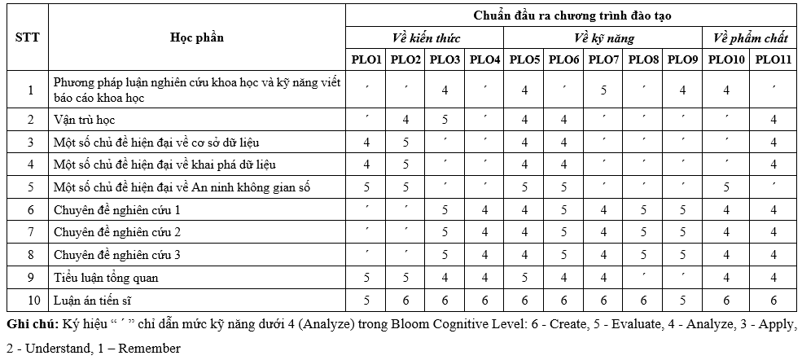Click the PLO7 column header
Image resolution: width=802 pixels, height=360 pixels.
603,60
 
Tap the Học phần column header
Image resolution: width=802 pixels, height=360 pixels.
196,37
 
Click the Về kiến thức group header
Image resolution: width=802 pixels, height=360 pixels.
426,38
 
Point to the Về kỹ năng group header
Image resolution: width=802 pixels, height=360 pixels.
603,38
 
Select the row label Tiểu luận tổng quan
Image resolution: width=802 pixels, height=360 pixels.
106,278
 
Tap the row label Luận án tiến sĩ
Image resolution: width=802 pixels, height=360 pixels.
94,301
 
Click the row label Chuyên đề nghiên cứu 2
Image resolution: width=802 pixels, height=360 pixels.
116,232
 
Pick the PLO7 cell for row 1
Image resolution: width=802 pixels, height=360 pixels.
603,90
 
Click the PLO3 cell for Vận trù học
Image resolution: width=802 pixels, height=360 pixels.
445,120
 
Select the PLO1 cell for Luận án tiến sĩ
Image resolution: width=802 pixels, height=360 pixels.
366,301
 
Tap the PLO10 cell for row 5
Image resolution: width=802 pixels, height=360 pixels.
726,187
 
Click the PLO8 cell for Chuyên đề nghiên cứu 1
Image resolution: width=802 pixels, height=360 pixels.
643,210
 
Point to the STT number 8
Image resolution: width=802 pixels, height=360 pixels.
30,255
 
